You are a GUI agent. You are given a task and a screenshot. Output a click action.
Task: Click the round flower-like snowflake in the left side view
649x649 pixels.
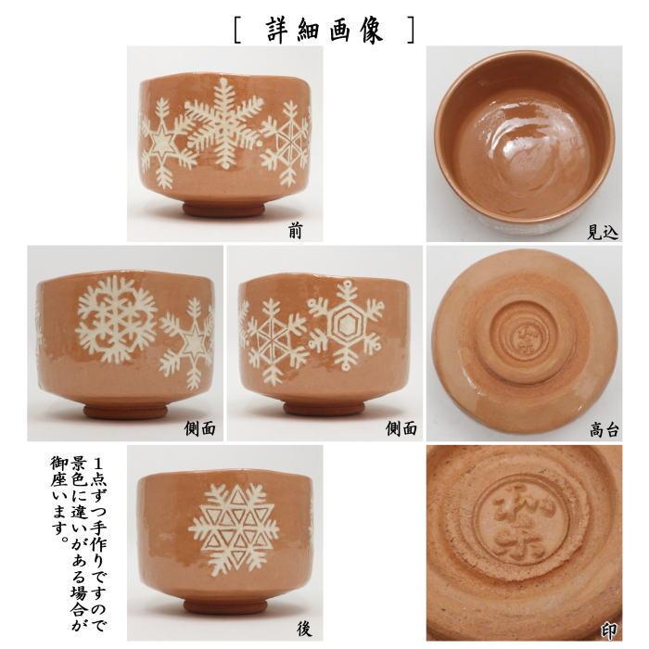(x=117, y=318)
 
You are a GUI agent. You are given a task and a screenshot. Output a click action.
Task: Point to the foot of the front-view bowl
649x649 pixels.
(x=223, y=210)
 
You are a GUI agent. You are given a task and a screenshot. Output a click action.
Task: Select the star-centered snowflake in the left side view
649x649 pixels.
(x=193, y=345)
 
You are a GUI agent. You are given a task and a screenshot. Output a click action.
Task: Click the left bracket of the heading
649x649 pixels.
(x=239, y=28)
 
